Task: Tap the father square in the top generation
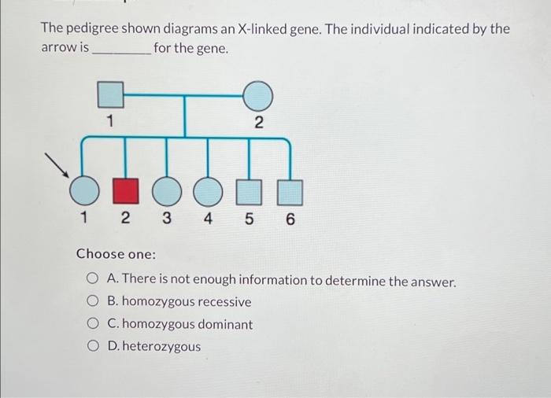click(111, 95)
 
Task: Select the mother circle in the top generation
click(257, 97)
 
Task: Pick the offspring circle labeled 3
click(165, 191)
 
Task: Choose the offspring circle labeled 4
click(208, 191)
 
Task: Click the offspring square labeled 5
click(249, 191)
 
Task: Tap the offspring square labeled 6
click(290, 191)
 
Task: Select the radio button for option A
click(92, 280)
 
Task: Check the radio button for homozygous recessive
click(92, 302)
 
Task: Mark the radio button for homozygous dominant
click(92, 324)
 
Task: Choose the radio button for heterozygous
click(92, 346)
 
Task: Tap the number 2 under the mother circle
click(259, 123)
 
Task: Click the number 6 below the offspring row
click(290, 220)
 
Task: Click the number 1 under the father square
click(110, 121)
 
